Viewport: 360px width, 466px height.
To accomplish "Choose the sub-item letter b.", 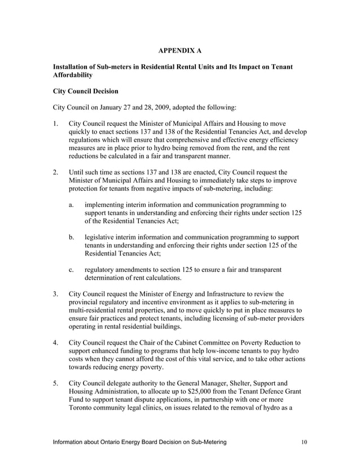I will point(71,237).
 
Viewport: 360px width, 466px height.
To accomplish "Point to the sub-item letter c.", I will point(71,269).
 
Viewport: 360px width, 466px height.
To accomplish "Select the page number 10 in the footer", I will point(304,442).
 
